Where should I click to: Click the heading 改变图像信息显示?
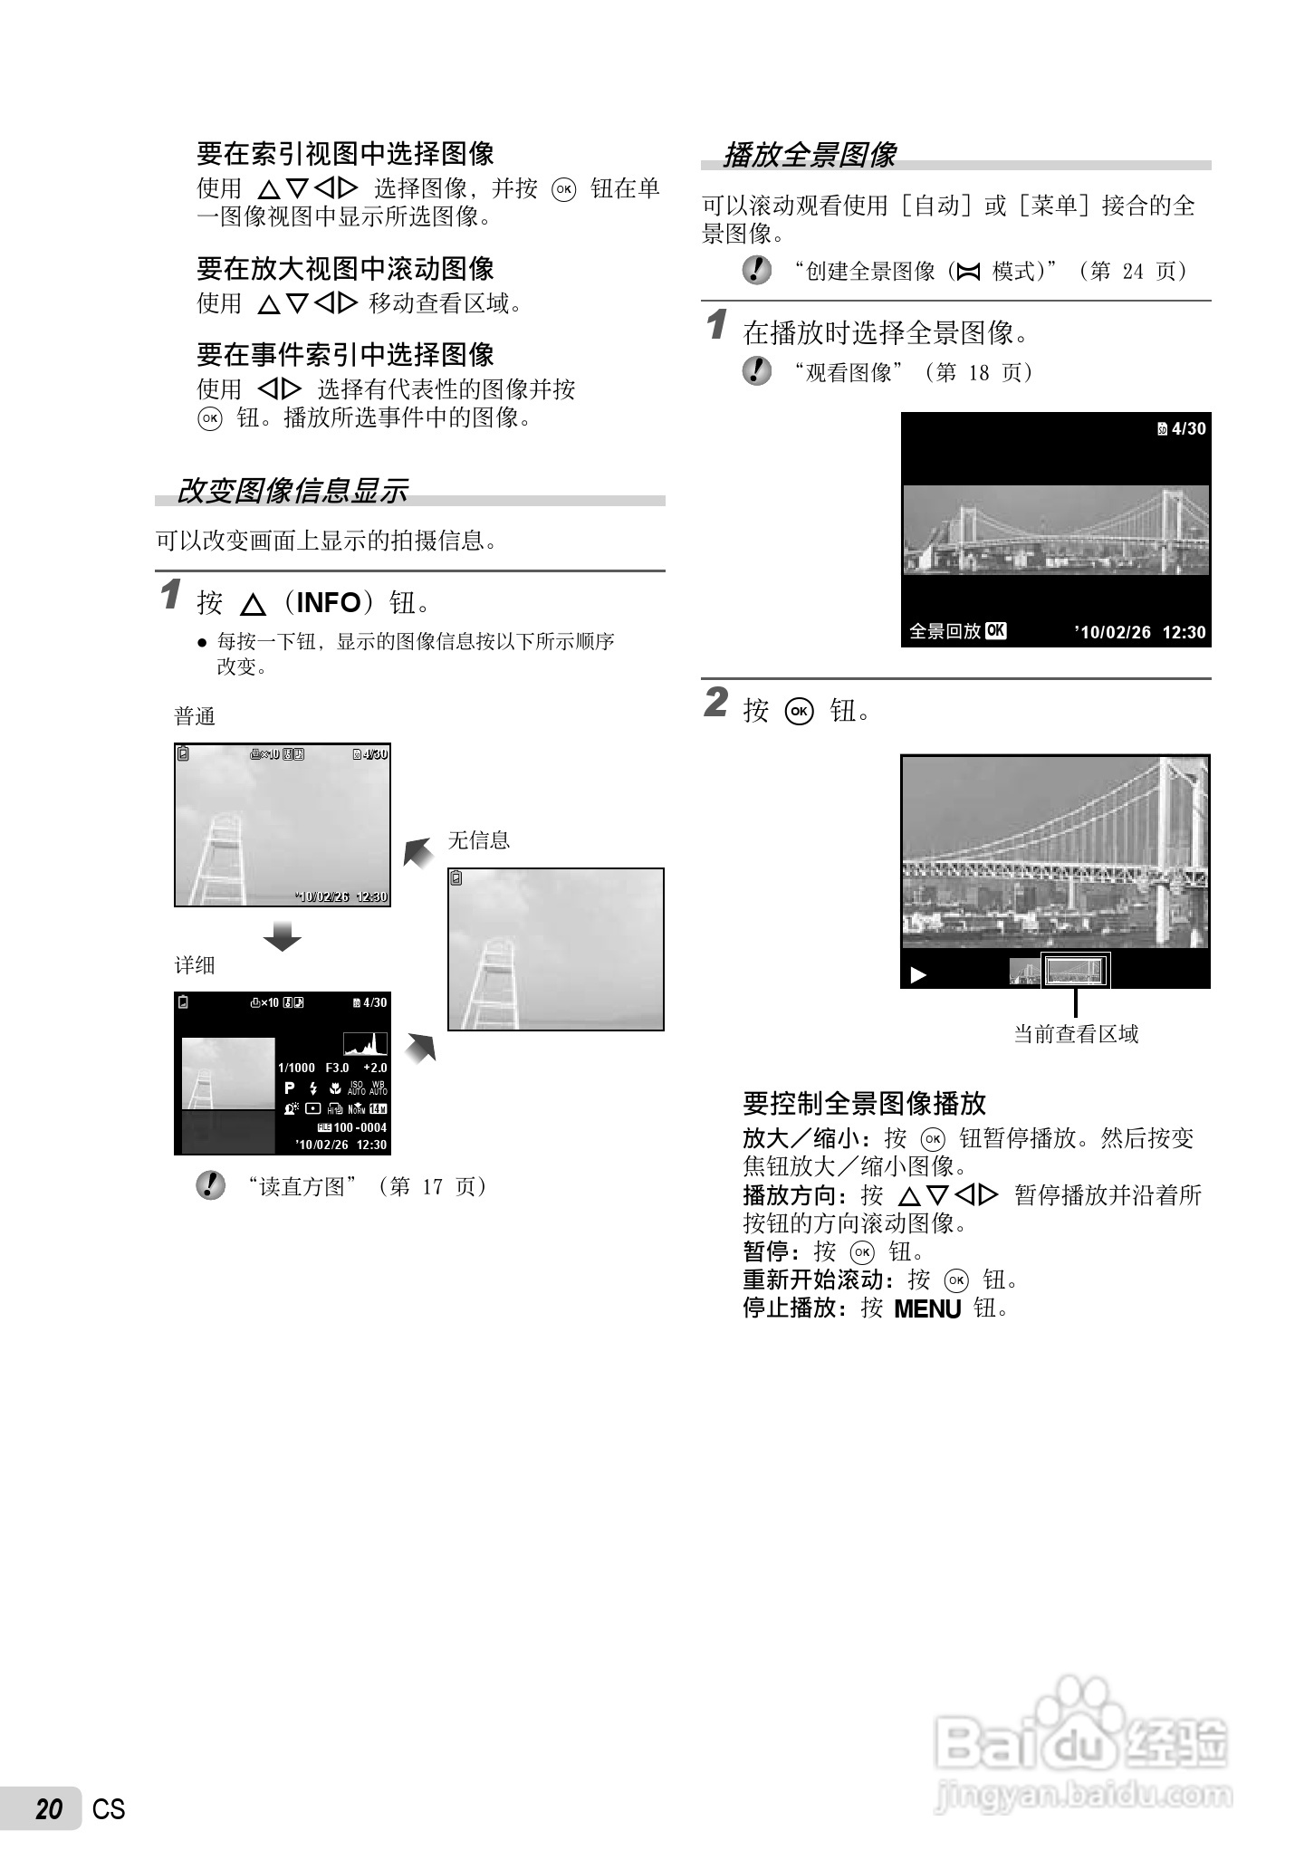click(292, 491)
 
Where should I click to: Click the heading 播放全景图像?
click(809, 155)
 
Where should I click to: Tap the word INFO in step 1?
click(329, 602)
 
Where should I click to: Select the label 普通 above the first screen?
click(195, 717)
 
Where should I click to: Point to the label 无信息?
click(479, 840)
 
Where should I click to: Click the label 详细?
click(195, 965)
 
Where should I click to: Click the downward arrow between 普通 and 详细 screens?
click(282, 936)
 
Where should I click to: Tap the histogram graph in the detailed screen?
click(365, 1044)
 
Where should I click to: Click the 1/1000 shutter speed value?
click(296, 1069)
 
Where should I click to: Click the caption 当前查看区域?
click(1076, 1034)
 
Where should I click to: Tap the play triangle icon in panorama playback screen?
click(918, 975)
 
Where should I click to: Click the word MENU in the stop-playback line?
click(926, 1309)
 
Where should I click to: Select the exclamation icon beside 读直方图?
click(210, 1186)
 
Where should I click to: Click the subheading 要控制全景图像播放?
click(864, 1103)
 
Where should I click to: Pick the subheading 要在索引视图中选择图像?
click(345, 154)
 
